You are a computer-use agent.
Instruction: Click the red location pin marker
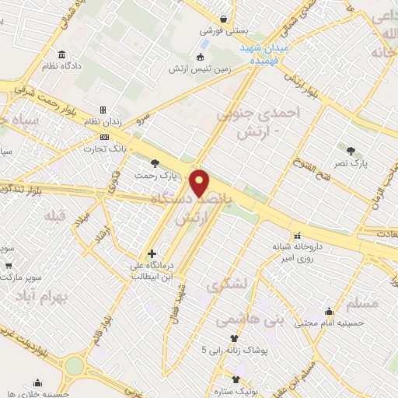coord(201,183)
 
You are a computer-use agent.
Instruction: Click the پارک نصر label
coord(352,164)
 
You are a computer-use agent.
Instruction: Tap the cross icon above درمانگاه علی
coord(152,253)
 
